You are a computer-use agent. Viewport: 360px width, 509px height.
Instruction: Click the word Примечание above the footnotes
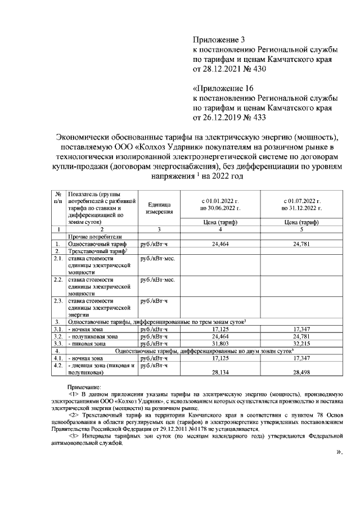coord(84,388)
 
